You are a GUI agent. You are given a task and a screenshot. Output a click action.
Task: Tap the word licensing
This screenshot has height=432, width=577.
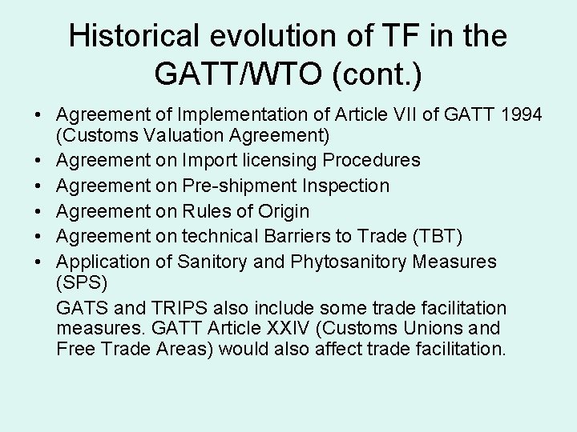(x=280, y=160)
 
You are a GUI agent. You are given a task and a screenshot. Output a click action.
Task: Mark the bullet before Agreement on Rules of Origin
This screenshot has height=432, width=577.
(x=40, y=211)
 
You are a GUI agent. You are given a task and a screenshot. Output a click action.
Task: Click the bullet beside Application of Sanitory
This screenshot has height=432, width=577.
(x=40, y=262)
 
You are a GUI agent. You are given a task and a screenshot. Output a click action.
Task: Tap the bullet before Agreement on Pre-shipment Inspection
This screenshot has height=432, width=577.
(x=40, y=186)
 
